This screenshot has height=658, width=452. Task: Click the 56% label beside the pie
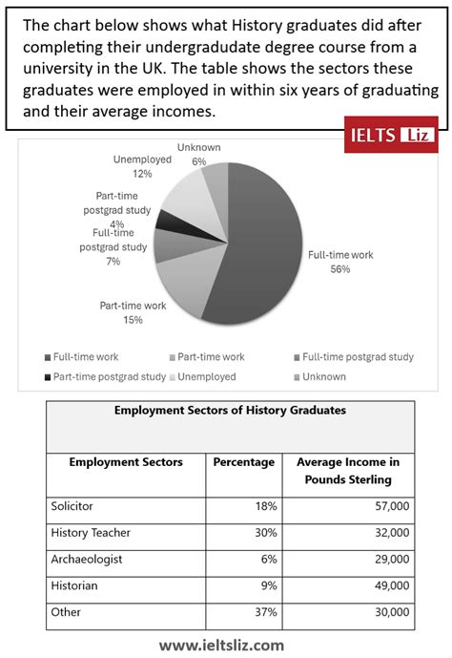(339, 269)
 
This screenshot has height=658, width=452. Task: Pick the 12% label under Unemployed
(142, 174)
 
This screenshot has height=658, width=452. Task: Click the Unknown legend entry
(321, 376)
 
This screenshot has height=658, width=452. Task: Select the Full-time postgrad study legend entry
(355, 356)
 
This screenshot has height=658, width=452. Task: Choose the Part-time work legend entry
(211, 356)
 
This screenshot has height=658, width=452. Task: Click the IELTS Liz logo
(390, 136)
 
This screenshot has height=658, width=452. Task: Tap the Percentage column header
(243, 461)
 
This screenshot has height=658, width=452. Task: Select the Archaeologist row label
(87, 559)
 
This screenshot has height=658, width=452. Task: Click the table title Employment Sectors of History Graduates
(230, 410)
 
